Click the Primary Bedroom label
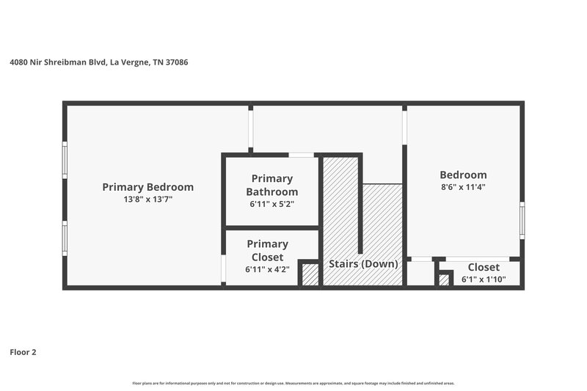click(147, 187)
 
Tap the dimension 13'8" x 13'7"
click(147, 199)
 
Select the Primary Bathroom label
click(271, 185)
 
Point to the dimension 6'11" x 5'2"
click(271, 205)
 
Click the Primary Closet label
click(267, 250)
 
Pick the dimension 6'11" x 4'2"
click(267, 269)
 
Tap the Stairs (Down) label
click(363, 264)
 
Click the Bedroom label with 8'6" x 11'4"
click(463, 175)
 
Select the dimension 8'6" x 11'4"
click(463, 187)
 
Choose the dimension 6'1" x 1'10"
click(484, 279)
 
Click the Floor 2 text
click(23, 352)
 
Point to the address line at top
click(99, 62)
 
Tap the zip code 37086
click(175, 62)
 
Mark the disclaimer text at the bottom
click(293, 383)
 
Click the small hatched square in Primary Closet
click(310, 274)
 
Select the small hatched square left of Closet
click(444, 279)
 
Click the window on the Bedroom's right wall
click(522, 219)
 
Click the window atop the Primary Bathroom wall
click(300, 155)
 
